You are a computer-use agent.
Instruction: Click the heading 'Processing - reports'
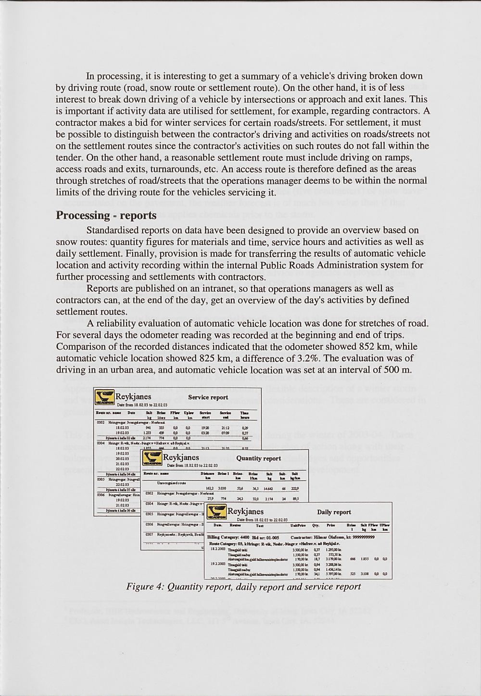click(x=106, y=215)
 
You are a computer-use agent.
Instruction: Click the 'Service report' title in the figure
click(x=208, y=397)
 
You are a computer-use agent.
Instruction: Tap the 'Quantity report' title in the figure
click(x=259, y=458)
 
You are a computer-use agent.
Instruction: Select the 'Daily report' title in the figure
click(x=334, y=512)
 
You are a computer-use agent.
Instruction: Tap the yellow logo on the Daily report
click(x=216, y=513)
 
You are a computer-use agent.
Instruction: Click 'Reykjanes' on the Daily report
click(x=245, y=511)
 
